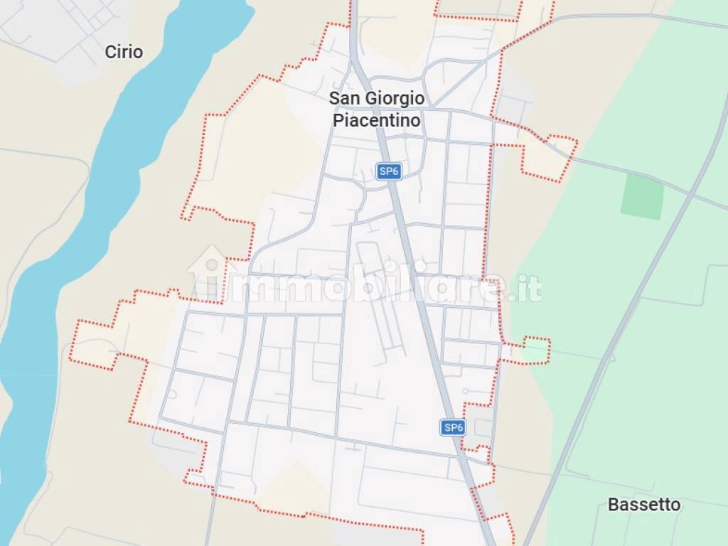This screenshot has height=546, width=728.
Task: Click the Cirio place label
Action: (x=124, y=52)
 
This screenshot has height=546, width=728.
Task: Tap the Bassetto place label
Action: (x=644, y=505)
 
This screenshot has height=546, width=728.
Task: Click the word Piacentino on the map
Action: (x=377, y=120)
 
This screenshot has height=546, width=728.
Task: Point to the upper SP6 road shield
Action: (x=388, y=171)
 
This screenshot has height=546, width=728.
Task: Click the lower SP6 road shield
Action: (x=453, y=427)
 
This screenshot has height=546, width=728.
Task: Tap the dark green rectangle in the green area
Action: (x=642, y=196)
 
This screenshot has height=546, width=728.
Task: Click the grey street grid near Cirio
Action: (x=57, y=28)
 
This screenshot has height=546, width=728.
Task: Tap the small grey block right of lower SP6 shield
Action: (x=483, y=428)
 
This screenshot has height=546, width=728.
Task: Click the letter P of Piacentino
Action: (x=338, y=120)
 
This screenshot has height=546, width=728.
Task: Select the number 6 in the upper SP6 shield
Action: (x=395, y=171)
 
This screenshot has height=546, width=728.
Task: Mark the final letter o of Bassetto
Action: (x=675, y=505)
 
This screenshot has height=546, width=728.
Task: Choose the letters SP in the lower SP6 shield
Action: (x=449, y=427)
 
